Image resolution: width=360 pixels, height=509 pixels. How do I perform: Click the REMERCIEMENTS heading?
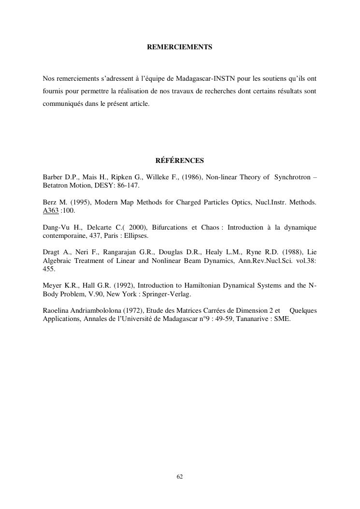pyautogui.click(x=179, y=47)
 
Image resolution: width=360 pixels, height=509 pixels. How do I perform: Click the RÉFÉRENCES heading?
pyautogui.click(x=180, y=160)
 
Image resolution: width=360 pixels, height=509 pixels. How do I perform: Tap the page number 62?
pyautogui.click(x=180, y=477)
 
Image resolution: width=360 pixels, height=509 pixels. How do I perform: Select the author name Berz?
pyautogui.click(x=50, y=203)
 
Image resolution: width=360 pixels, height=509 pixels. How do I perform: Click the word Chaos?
pyautogui.click(x=210, y=228)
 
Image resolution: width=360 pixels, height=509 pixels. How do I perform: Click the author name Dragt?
pyautogui.click(x=51, y=252)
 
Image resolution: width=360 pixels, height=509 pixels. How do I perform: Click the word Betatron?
pyautogui.click(x=57, y=186)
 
